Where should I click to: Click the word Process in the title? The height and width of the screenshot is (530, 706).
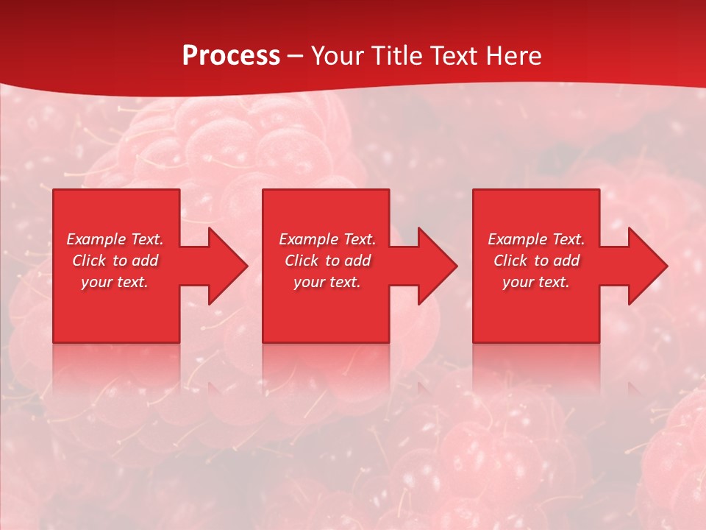point(231,56)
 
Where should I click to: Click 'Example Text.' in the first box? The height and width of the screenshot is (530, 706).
point(115,239)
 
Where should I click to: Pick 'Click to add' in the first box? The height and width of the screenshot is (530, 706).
point(115,261)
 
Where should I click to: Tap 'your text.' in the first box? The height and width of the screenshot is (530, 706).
point(115,282)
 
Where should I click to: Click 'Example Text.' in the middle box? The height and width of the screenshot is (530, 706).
point(327,239)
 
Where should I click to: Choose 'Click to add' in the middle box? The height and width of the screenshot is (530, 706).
point(327,261)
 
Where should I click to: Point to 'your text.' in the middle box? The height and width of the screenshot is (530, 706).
point(327,282)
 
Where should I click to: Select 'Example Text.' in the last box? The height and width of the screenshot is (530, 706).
point(536,239)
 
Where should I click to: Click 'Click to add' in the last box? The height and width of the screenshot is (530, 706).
point(536,261)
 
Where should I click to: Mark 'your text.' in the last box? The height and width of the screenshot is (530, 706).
point(536,282)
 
